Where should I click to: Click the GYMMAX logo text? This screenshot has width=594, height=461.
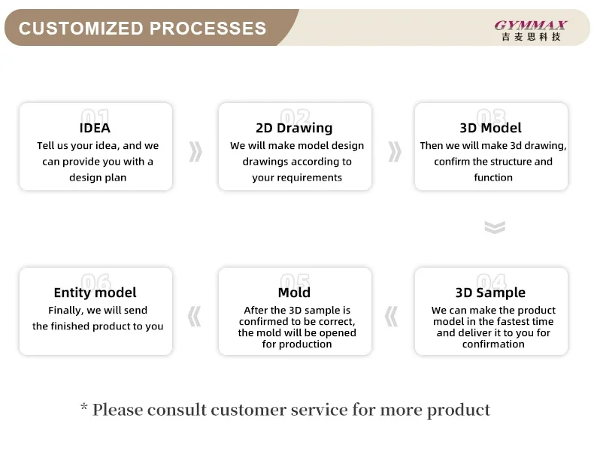530,26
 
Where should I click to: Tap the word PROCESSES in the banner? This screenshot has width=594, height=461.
208,29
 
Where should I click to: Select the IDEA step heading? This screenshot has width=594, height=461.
95,128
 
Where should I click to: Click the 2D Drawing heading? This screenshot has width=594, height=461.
294,128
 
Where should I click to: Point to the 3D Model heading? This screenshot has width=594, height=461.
490,128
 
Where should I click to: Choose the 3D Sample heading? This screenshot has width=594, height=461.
490,293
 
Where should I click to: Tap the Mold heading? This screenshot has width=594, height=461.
294,293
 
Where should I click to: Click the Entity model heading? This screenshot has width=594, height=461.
95,293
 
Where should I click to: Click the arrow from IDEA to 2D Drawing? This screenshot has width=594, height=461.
195,151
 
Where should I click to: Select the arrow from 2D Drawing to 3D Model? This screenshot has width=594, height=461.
395,151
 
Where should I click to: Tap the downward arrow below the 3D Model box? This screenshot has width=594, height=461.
495,227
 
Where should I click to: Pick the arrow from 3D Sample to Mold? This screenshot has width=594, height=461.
391,317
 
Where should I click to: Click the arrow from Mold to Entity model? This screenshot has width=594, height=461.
194,317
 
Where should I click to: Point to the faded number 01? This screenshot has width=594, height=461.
95,116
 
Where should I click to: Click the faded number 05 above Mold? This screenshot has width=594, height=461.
295,281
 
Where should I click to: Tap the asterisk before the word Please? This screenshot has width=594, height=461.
84,407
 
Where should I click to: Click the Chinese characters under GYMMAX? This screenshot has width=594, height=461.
531,37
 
